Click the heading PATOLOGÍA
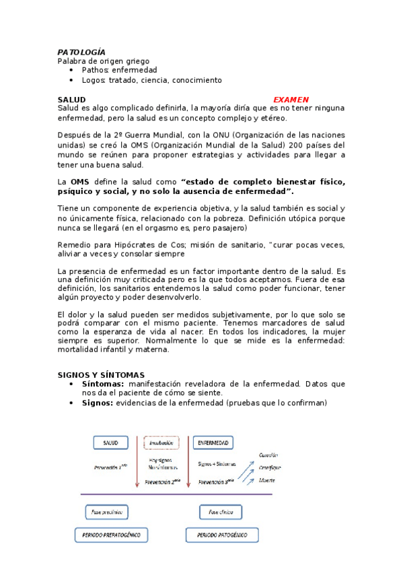[x=81, y=52]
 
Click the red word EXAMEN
[x=291, y=99]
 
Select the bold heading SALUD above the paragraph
[x=71, y=99]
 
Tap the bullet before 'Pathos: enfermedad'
[x=72, y=70]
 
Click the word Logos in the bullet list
[x=94, y=80]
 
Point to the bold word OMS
[x=80, y=182]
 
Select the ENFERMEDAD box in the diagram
[x=213, y=442]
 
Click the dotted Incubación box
[x=162, y=442]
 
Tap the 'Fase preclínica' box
[x=107, y=512]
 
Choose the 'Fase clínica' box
[x=220, y=512]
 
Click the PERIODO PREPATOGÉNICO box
[x=111, y=535]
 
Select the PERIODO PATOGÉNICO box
[x=222, y=535]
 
